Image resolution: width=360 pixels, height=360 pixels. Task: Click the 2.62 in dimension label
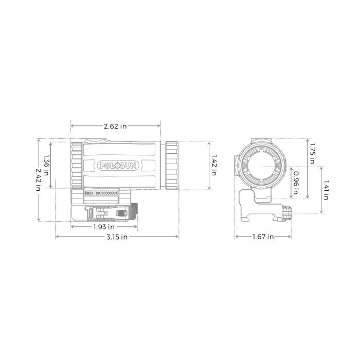tap(116, 126)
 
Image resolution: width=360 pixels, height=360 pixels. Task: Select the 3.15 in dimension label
tap(117, 237)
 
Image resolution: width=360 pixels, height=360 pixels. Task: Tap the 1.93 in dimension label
tap(104, 227)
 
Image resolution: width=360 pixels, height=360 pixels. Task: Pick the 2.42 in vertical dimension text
tap(38, 181)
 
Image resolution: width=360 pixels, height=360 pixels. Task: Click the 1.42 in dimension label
tap(214, 166)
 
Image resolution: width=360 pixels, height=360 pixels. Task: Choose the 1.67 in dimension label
tap(263, 237)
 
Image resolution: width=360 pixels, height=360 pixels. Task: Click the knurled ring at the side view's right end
tap(171, 165)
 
